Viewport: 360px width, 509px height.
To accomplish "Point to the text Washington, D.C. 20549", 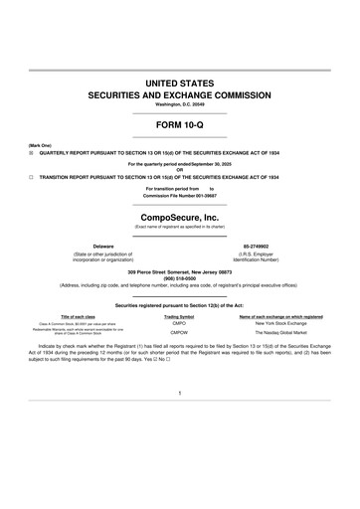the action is pos(180,104).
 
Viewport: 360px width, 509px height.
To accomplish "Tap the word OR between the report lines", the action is pos(180,168).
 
